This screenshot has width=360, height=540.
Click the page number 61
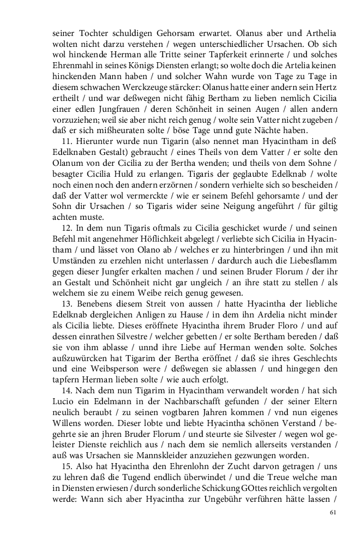click(333, 512)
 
